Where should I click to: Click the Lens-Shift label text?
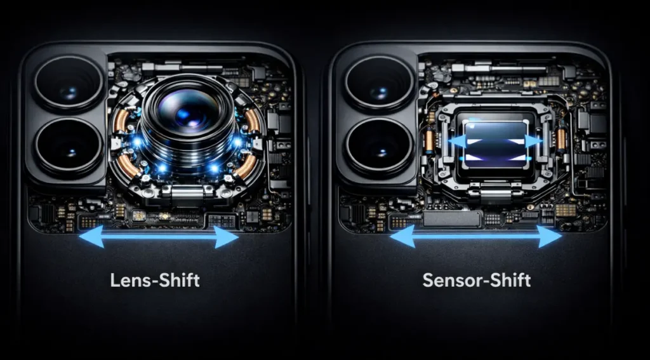click(x=155, y=280)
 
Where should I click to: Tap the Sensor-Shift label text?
click(x=477, y=280)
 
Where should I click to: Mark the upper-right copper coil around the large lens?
click(x=252, y=120)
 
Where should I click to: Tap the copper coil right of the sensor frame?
click(x=561, y=139)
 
